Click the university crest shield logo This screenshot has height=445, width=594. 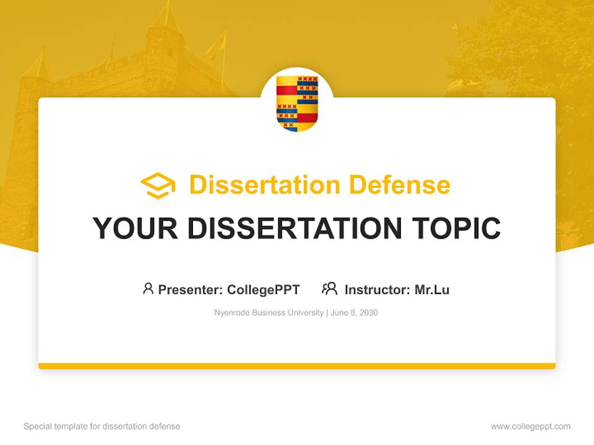click(297, 103)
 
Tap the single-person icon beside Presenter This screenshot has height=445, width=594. click(148, 289)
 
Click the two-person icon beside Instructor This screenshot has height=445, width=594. click(329, 289)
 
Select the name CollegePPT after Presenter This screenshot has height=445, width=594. click(263, 289)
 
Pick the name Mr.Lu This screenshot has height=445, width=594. click(432, 289)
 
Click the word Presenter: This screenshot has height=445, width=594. click(191, 289)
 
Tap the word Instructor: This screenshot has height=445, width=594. click(377, 289)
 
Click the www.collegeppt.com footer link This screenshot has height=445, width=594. click(530, 426)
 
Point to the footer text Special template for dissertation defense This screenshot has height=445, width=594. click(102, 426)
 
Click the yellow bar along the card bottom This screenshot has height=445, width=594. click(297, 366)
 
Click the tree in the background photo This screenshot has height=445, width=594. click(526, 49)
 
